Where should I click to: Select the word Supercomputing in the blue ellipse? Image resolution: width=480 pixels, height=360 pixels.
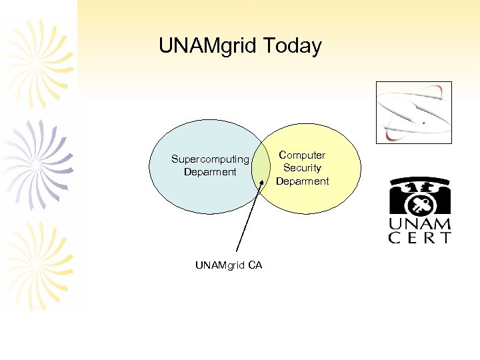coord(210,159)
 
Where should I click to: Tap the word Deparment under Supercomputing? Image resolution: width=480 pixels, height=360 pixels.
coord(210,172)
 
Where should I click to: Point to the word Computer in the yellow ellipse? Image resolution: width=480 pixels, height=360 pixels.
coord(302,155)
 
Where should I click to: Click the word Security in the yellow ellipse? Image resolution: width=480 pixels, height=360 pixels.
coord(302,168)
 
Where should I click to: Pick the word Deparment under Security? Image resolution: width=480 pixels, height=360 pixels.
coord(302,181)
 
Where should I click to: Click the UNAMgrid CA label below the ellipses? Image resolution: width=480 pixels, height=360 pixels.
coord(229,265)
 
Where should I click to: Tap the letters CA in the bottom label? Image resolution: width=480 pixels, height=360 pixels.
coord(255,265)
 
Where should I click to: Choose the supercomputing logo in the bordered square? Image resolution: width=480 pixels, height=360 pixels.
coord(413,112)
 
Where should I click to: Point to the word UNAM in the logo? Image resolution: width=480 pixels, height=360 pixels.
coord(420,225)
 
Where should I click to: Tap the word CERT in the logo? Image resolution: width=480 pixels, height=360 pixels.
coord(420,238)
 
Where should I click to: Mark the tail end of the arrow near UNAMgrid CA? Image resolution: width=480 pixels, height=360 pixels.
coord(237,252)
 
